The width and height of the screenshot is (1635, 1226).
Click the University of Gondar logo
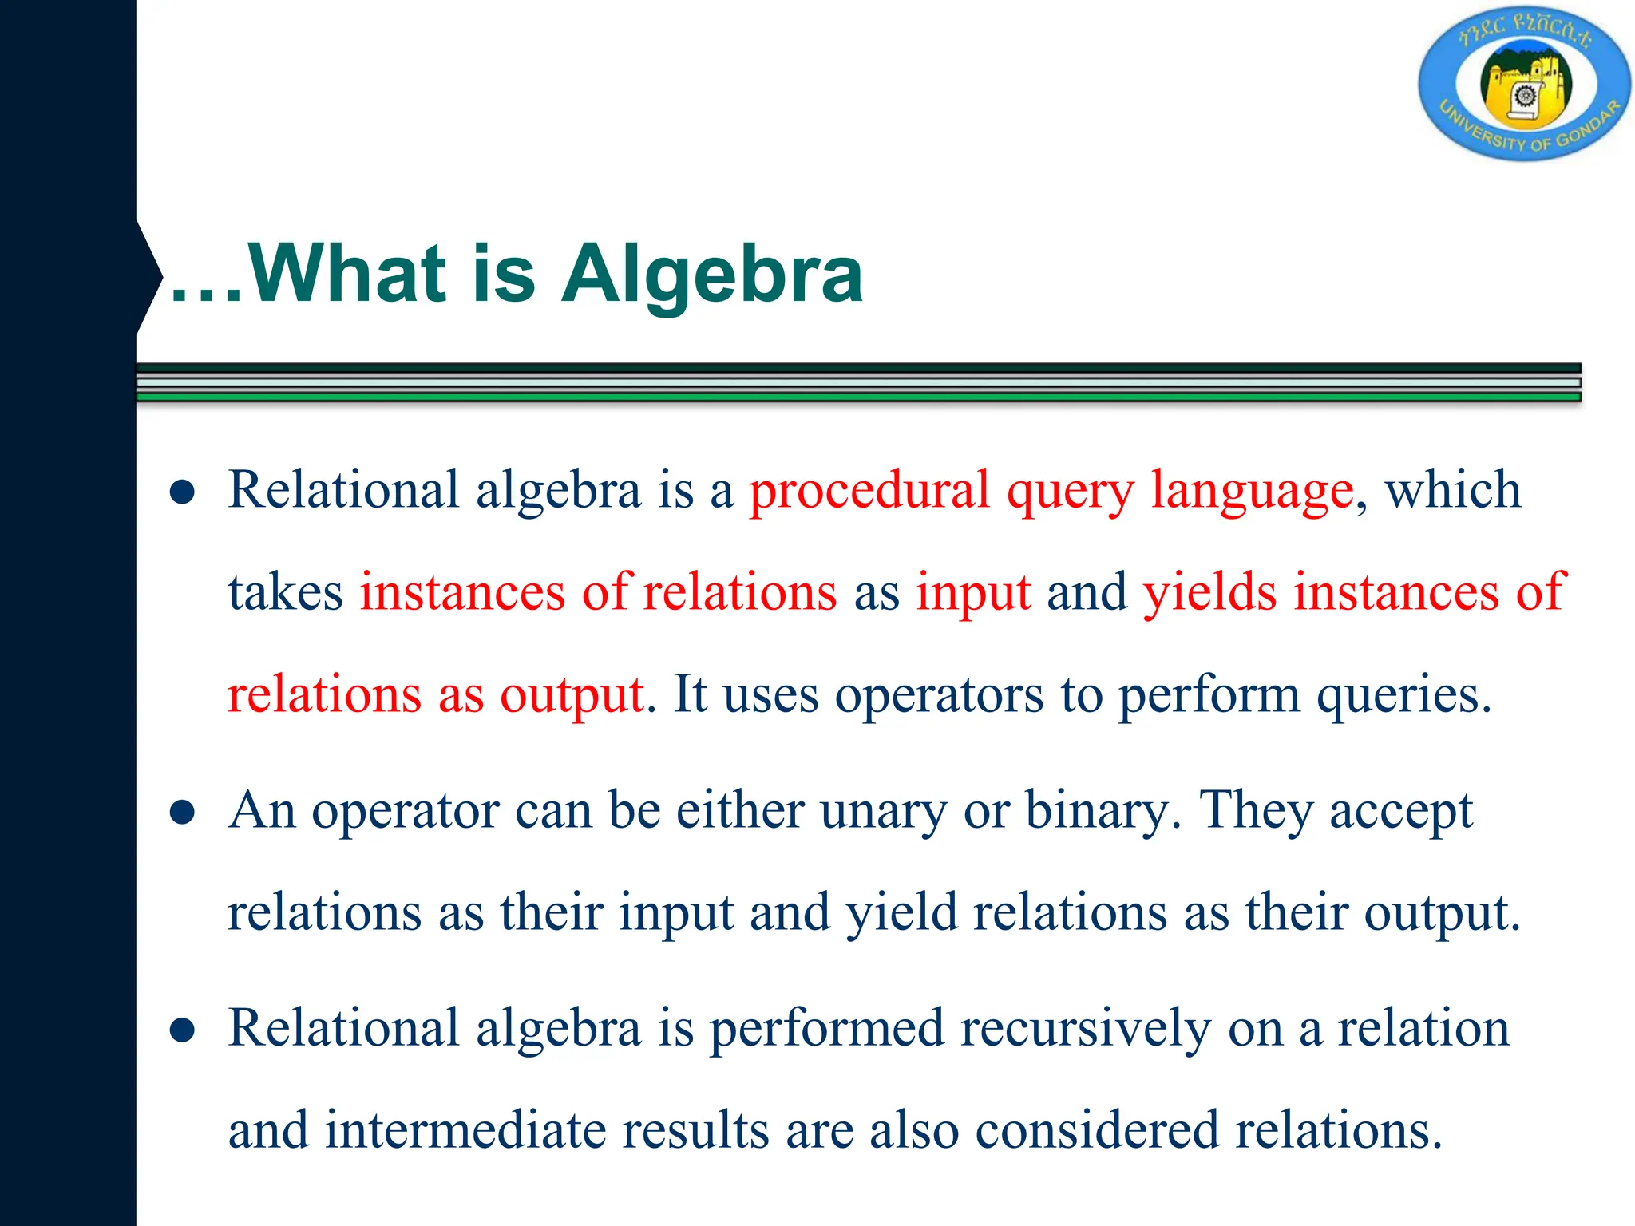click(x=1524, y=84)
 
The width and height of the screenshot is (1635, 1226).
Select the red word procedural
click(x=869, y=490)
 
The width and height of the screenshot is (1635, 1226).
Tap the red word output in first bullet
click(x=572, y=694)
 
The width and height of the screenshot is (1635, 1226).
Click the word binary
click(x=1098, y=812)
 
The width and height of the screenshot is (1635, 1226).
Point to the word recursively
click(x=1086, y=1029)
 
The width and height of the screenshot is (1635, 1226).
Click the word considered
click(x=1097, y=1130)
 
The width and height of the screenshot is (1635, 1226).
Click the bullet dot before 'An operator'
click(x=183, y=813)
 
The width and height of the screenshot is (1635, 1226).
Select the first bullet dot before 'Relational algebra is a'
click(x=183, y=492)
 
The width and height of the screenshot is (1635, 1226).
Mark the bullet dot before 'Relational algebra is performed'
click(x=183, y=1030)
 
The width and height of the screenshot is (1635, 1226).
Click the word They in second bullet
click(x=1255, y=810)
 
